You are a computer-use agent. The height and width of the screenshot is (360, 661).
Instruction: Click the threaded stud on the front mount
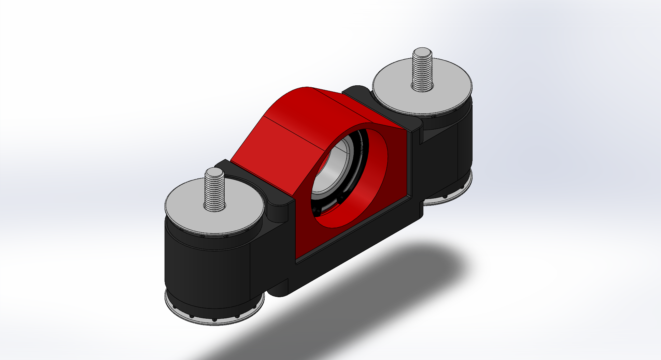pos(214,191)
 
